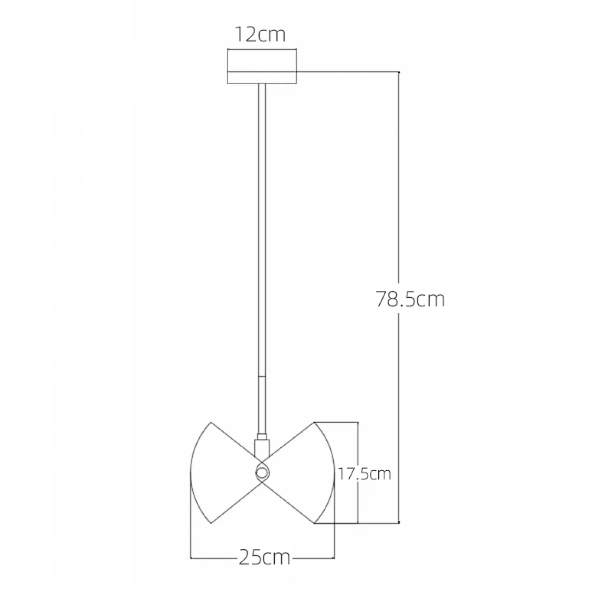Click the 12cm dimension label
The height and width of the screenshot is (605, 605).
pyautogui.click(x=260, y=35)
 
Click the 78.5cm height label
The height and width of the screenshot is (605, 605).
pyautogui.click(x=410, y=299)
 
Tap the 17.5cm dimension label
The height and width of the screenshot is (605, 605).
pyautogui.click(x=364, y=474)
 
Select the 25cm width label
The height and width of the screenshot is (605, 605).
pyautogui.click(x=265, y=558)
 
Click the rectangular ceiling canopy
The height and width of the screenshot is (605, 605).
pyautogui.click(x=262, y=67)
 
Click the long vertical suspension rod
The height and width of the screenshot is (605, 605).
pyautogui.click(x=262, y=258)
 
